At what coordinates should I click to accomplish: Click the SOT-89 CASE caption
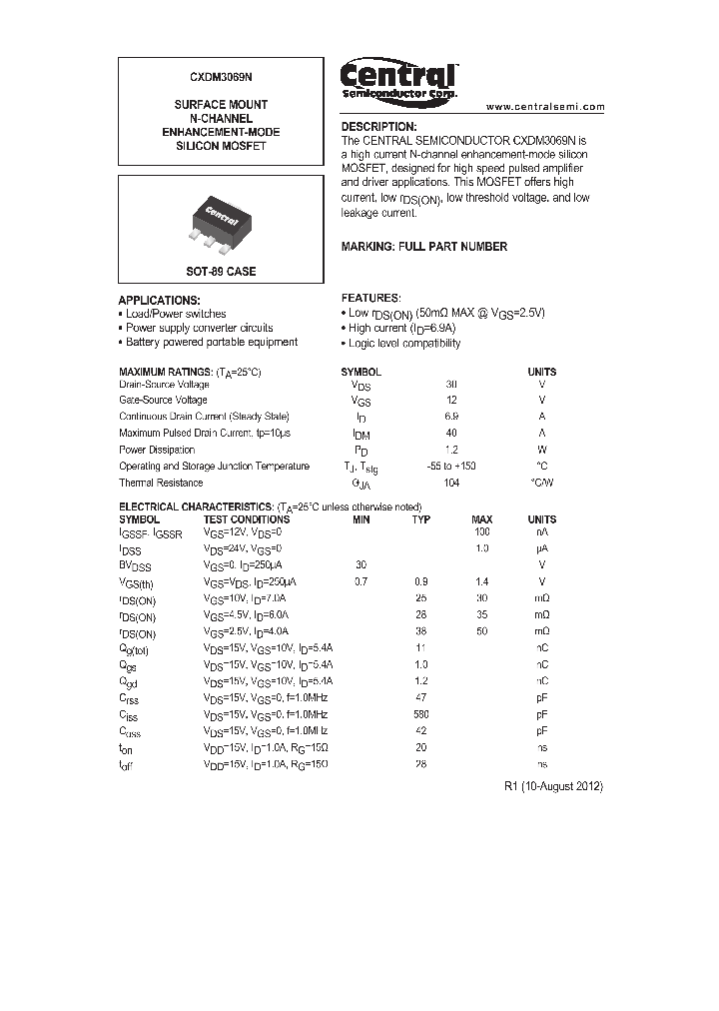point(221,272)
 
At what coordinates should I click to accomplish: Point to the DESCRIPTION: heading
point(378,127)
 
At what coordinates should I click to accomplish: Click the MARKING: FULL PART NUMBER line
point(423,247)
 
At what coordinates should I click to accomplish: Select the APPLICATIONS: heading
point(159,300)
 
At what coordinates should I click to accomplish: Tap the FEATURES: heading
point(370,299)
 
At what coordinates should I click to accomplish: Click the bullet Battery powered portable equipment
point(211,342)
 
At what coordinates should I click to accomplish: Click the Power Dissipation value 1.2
point(451,450)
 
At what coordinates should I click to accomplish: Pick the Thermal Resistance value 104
point(451,483)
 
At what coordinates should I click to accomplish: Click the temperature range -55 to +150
point(451,467)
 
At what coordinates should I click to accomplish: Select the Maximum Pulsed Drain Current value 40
point(451,434)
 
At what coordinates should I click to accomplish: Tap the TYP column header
point(421,519)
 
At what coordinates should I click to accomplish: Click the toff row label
point(127,764)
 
